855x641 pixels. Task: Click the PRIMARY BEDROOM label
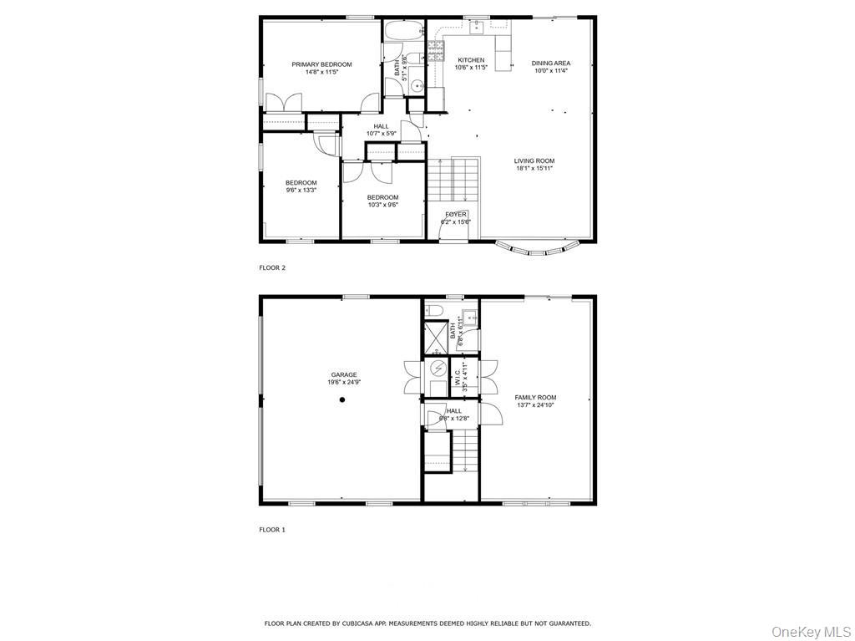[321, 64]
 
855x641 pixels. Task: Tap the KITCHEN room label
[471, 60]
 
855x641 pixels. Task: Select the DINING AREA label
[551, 64]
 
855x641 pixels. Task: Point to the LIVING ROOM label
[534, 161]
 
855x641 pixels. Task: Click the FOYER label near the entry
[456, 215]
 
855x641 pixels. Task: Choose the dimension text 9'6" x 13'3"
[301, 191]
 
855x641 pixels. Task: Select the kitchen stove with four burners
[437, 52]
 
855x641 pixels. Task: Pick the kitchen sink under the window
[477, 28]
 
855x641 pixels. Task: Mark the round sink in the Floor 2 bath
[417, 87]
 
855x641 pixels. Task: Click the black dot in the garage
[341, 400]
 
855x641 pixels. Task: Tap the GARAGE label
[343, 375]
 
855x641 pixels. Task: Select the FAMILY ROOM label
[535, 398]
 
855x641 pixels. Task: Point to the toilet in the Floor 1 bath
[435, 311]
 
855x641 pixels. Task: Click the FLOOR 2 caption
[272, 268]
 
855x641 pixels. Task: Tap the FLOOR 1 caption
[272, 530]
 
